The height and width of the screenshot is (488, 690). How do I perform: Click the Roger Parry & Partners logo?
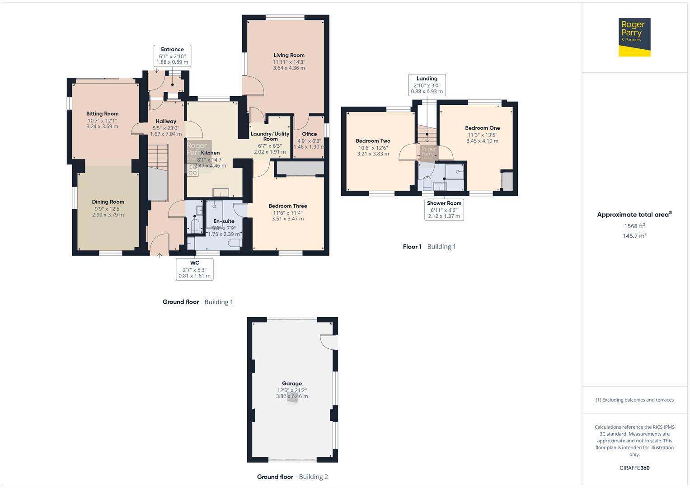pyautogui.click(x=634, y=37)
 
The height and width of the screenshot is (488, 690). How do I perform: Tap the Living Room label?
pyautogui.click(x=289, y=56)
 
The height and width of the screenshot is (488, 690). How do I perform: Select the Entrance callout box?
pyautogui.click(x=172, y=56)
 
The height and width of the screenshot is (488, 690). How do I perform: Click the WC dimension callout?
pyautogui.click(x=194, y=269)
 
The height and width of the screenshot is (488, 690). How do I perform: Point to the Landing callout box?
pyautogui.click(x=427, y=85)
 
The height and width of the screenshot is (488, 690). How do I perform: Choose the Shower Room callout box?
pyautogui.click(x=444, y=210)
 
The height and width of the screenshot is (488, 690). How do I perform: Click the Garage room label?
pyautogui.click(x=292, y=384)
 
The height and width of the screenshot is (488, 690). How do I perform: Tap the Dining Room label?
pyautogui.click(x=108, y=202)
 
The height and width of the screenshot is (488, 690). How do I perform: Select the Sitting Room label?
pyautogui.click(x=103, y=114)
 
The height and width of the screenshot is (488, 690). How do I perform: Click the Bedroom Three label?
pyautogui.click(x=288, y=206)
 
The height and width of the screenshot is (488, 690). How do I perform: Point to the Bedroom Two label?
pyautogui.click(x=373, y=141)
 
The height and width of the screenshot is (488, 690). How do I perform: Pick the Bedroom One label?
pyautogui.click(x=482, y=128)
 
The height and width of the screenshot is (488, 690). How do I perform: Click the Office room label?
pyautogui.click(x=310, y=134)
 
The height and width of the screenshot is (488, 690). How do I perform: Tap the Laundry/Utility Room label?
pyautogui.click(x=270, y=136)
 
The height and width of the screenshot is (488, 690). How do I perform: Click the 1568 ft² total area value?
pyautogui.click(x=634, y=226)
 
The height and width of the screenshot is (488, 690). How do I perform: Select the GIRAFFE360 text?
pyautogui.click(x=634, y=468)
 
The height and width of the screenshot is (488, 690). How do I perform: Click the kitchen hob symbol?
pyautogui.click(x=193, y=169)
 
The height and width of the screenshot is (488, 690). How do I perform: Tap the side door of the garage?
pyautogui.click(x=329, y=342)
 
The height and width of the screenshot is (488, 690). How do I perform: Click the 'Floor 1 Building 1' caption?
pyautogui.click(x=429, y=247)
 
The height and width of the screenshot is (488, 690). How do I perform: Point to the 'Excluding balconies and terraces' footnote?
pyautogui.click(x=634, y=400)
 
